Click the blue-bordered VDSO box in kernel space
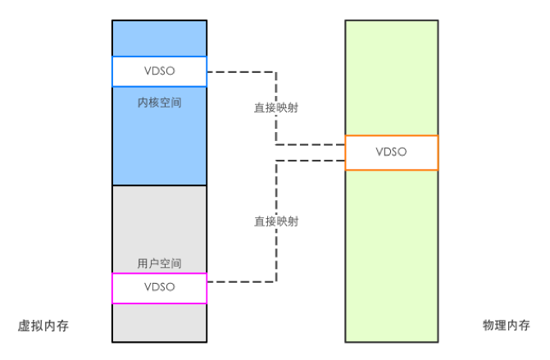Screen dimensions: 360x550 159,71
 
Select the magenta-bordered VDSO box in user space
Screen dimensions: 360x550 159,288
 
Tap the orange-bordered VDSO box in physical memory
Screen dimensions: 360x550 391,153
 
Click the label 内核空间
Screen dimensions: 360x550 159,104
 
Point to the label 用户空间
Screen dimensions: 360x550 159,263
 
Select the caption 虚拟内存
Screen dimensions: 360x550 43,326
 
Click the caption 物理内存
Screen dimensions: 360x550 506,326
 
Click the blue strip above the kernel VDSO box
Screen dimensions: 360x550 159,38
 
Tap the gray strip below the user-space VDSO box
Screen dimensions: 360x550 159,322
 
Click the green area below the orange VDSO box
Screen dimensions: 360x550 391,254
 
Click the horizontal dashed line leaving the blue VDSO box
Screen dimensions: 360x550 241,72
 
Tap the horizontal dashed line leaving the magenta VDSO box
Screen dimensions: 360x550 241,281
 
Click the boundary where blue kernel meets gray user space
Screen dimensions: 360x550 159,185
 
